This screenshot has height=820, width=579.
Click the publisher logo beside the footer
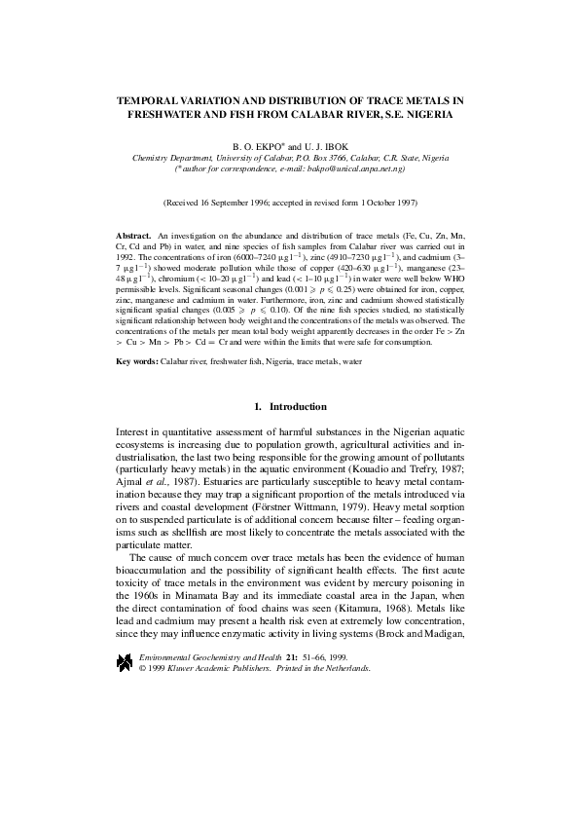click(x=125, y=662)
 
